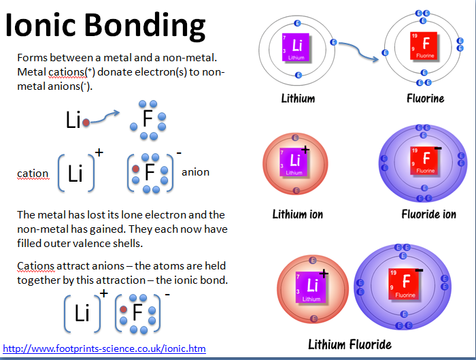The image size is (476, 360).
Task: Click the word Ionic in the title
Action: (x=42, y=27)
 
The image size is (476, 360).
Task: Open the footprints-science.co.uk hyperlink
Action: (x=105, y=348)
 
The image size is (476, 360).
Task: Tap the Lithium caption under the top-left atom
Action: (x=298, y=98)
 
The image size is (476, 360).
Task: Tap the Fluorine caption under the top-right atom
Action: (x=426, y=98)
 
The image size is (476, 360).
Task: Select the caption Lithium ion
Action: (x=298, y=214)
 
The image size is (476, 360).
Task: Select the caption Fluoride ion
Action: (x=428, y=214)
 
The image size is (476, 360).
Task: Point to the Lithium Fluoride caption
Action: (x=350, y=344)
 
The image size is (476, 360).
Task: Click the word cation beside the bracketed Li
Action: (x=33, y=174)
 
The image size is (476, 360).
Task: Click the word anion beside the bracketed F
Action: (x=195, y=172)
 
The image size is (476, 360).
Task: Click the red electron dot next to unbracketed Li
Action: (x=86, y=122)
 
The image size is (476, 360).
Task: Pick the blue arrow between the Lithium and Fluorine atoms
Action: (x=360, y=51)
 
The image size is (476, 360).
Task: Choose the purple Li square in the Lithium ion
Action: (x=295, y=162)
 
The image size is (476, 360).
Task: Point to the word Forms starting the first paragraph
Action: (x=32, y=57)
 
